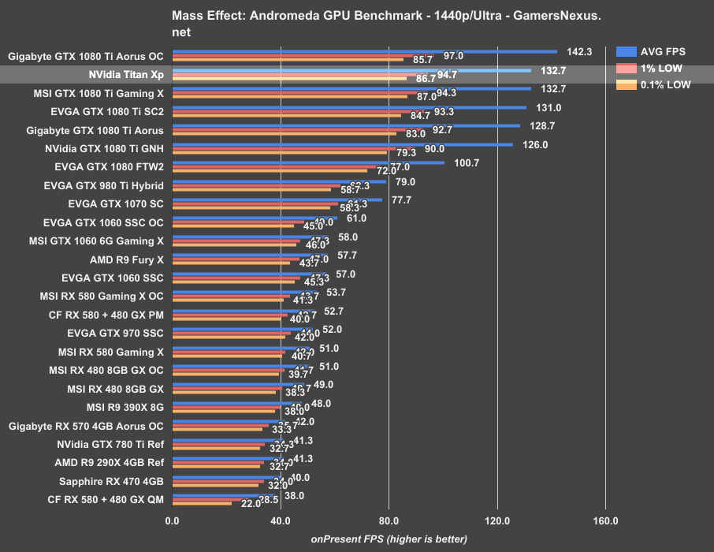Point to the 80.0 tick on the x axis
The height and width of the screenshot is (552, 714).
389,520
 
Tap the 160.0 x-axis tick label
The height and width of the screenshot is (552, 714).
605,520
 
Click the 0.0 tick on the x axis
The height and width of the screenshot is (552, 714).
172,520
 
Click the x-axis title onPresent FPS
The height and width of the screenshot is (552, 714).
389,539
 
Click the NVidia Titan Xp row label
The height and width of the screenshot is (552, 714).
127,75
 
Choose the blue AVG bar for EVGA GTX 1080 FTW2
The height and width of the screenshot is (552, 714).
308,162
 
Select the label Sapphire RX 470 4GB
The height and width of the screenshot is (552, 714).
111,481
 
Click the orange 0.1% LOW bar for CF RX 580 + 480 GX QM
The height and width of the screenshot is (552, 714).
202,503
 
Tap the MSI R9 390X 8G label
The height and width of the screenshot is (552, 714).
125,407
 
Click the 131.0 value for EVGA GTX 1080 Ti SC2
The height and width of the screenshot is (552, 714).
549,107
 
